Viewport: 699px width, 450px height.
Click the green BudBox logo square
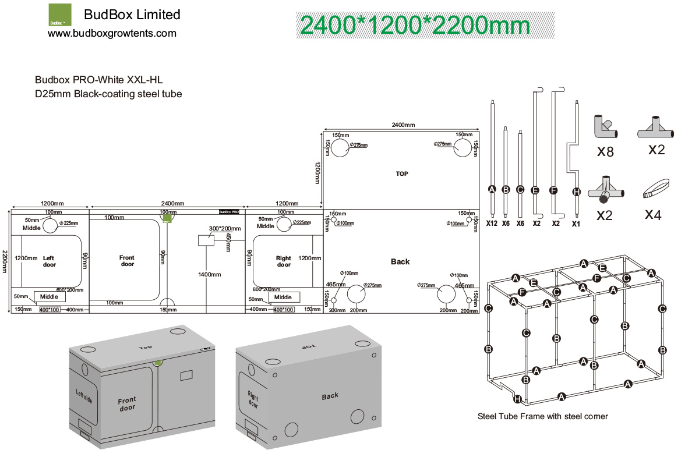[x=59, y=15]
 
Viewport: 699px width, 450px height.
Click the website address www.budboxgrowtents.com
[x=112, y=34]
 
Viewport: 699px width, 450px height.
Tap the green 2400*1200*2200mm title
[x=414, y=26]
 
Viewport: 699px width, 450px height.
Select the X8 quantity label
[x=606, y=152]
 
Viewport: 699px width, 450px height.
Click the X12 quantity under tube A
[x=492, y=222]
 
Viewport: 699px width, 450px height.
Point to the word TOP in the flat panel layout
[x=402, y=173]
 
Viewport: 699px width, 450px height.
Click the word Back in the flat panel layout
[x=400, y=262]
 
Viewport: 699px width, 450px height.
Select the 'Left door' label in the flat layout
[x=50, y=261]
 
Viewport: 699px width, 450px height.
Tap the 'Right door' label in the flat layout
[x=284, y=261]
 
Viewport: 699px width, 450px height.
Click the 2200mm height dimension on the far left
[x=5, y=262]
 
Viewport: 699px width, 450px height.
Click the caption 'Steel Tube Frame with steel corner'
[x=543, y=416]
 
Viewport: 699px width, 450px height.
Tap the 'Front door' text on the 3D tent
[x=127, y=403]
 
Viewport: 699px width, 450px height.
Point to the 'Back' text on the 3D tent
[x=330, y=396]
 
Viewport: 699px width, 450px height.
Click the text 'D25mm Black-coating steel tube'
[x=108, y=94]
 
